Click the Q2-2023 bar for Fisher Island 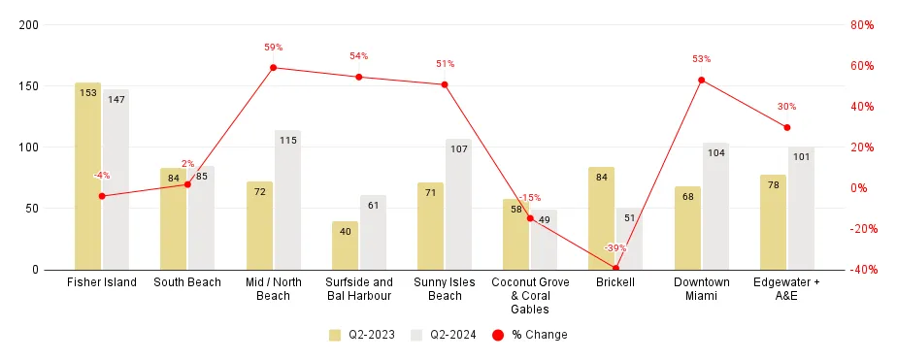pyautogui.click(x=87, y=176)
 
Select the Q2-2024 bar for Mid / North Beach pyautogui.click(x=287, y=200)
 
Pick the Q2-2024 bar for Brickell pyautogui.click(x=629, y=239)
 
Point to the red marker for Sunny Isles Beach pyautogui.click(x=445, y=84)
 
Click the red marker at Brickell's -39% pyautogui.click(x=615, y=269)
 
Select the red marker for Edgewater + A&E pyautogui.click(x=786, y=127)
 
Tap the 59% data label pyautogui.click(x=273, y=47)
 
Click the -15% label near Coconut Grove pyautogui.click(x=530, y=198)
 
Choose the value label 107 pyautogui.click(x=458, y=149)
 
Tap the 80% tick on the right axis pyautogui.click(x=862, y=24)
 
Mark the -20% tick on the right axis pyautogui.click(x=861, y=229)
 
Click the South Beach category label pyautogui.click(x=187, y=282)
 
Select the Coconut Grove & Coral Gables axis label pyautogui.click(x=530, y=296)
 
